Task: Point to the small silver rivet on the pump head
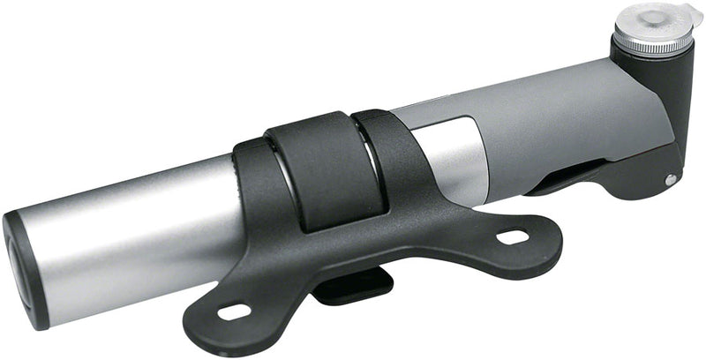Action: (x=671, y=179)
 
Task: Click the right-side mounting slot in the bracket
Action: (x=511, y=236)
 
